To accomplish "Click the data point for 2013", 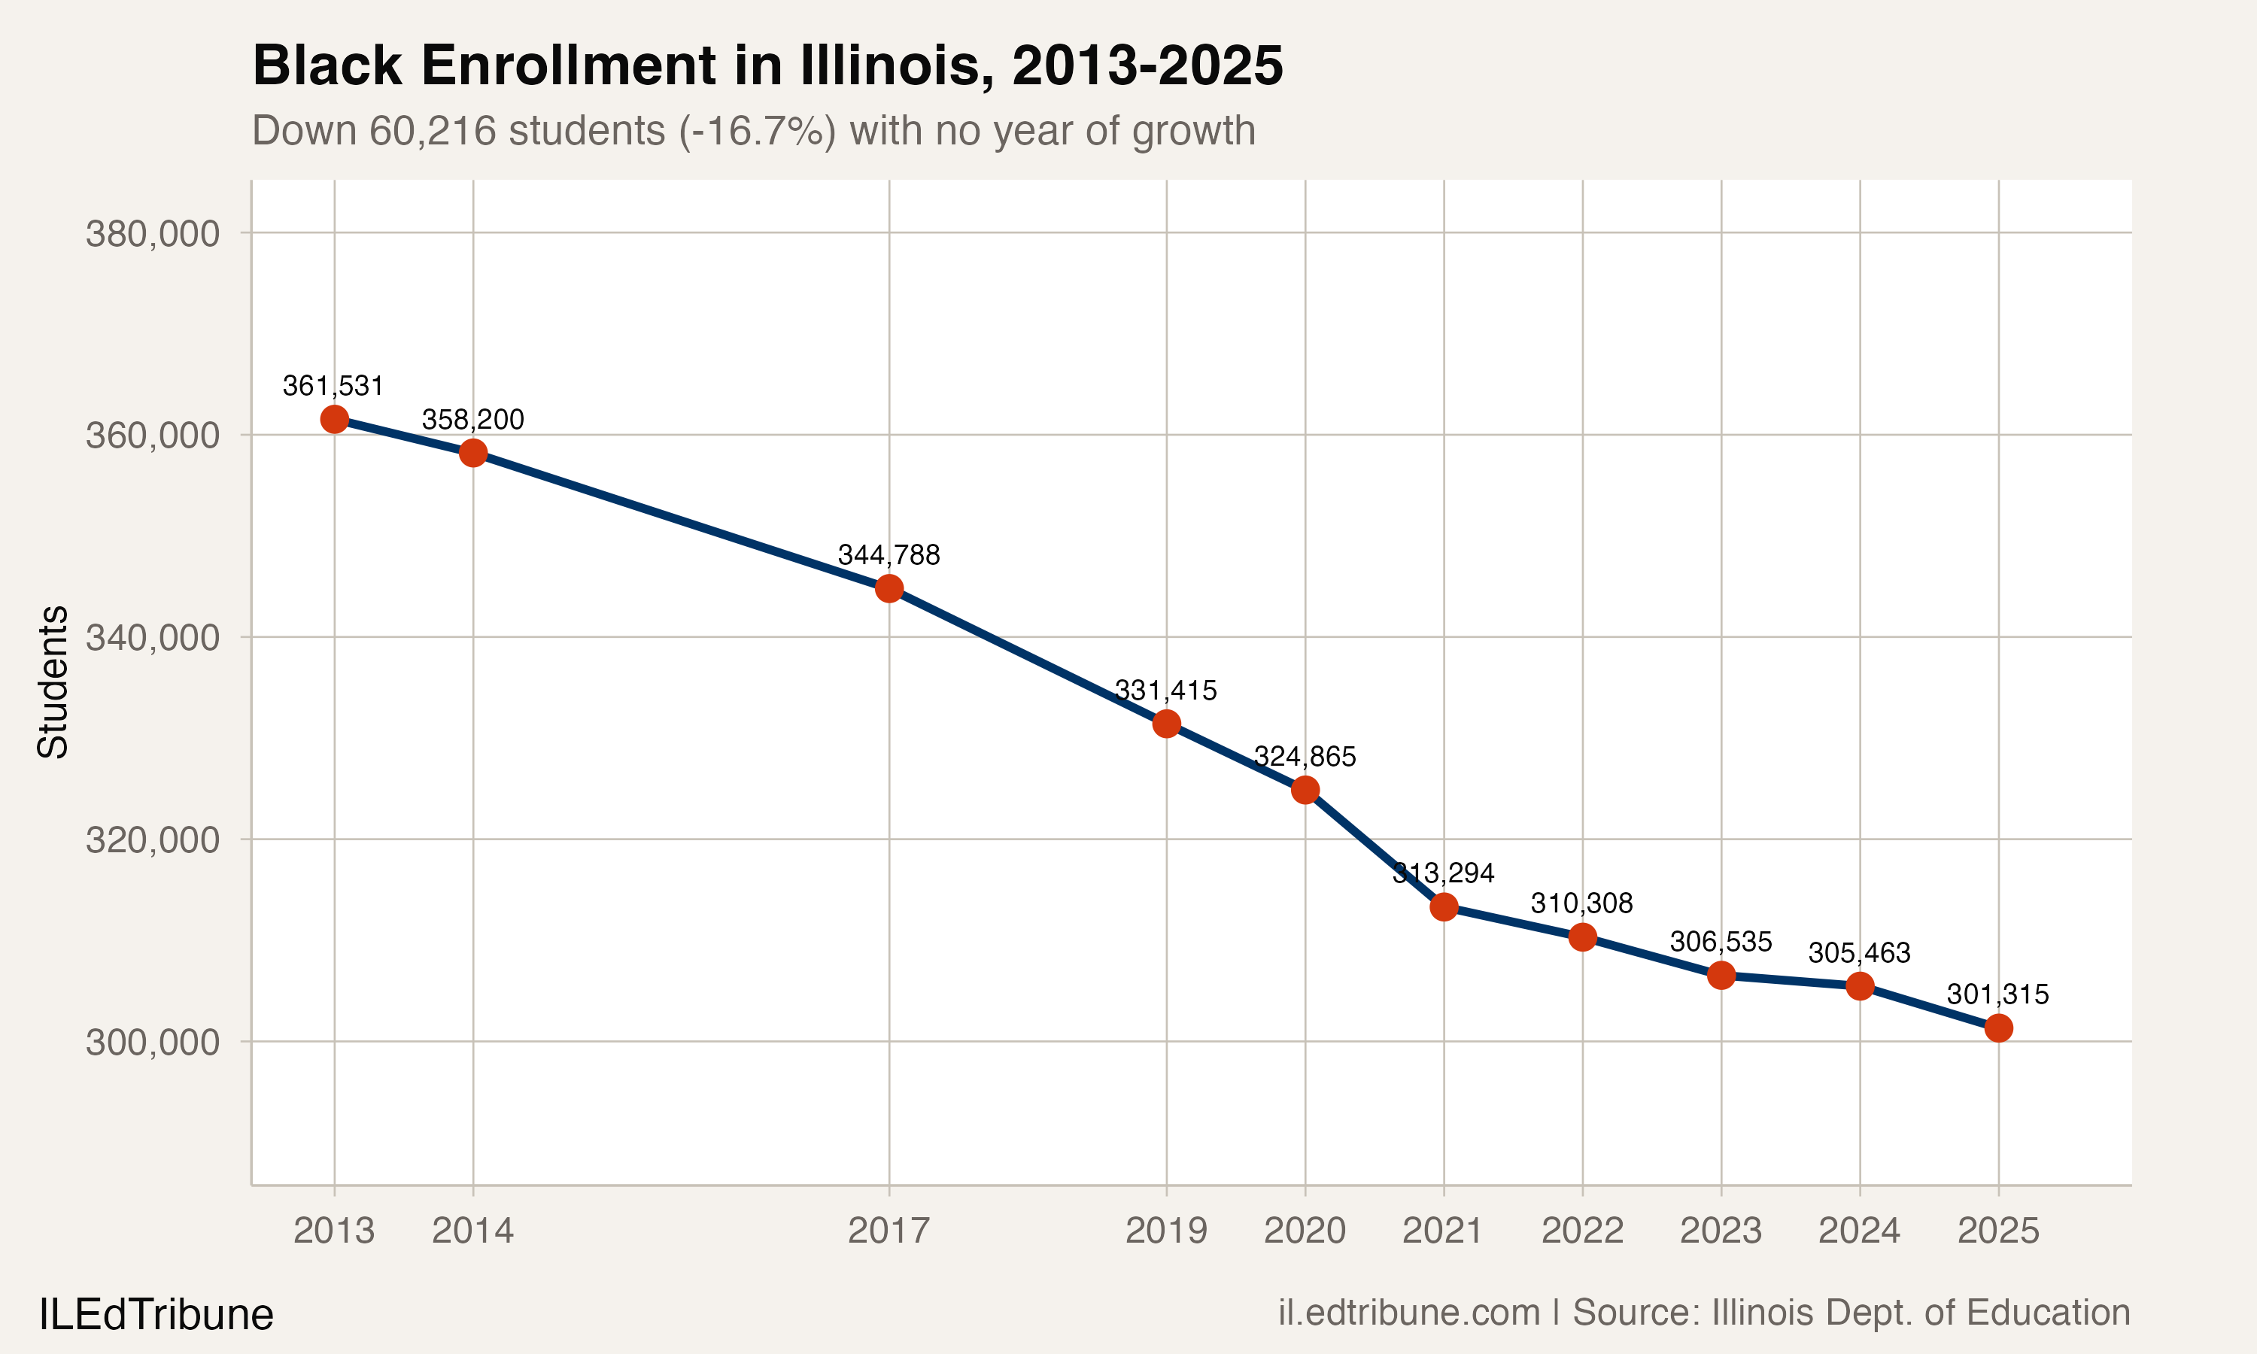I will [334, 419].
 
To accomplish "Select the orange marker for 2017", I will [889, 588].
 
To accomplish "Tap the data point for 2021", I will [1443, 907].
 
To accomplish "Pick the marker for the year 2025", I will [1998, 1028].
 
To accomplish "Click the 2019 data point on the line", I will [1166, 724].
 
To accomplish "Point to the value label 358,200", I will [472, 420].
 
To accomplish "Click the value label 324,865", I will [1305, 757].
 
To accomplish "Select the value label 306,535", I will [1721, 942].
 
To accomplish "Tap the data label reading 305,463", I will [1859, 952].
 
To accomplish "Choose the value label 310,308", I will [1582, 903].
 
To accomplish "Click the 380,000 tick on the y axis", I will [153, 234].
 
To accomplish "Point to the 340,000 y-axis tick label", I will [153, 638].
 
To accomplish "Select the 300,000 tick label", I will [153, 1042].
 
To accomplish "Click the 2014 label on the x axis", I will [472, 1231].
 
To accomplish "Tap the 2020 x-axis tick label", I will [1305, 1231].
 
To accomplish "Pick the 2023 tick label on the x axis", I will [1721, 1231].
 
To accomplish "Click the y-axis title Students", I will [53, 682].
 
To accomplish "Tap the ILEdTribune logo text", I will [156, 1315].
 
